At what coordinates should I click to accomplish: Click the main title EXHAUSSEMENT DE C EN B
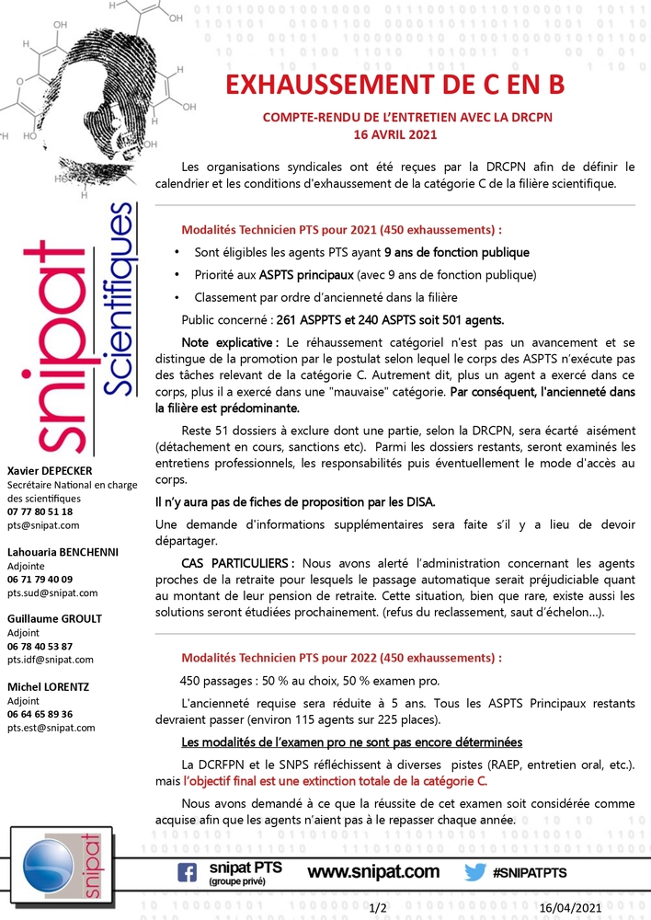tap(394, 86)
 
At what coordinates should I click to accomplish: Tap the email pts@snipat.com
tap(43, 525)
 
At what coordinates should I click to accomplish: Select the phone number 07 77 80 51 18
tap(40, 512)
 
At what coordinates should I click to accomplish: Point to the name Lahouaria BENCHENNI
tap(57, 552)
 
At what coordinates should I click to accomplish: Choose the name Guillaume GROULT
tap(54, 618)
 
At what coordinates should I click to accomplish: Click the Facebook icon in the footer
tap(187, 872)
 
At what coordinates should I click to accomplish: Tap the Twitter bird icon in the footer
tap(474, 872)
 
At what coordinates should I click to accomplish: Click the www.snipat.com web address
tap(372, 871)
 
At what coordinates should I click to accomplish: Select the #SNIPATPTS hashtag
tap(530, 872)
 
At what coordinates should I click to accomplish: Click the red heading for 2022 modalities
tap(341, 659)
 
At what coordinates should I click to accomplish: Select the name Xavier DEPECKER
tap(50, 471)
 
